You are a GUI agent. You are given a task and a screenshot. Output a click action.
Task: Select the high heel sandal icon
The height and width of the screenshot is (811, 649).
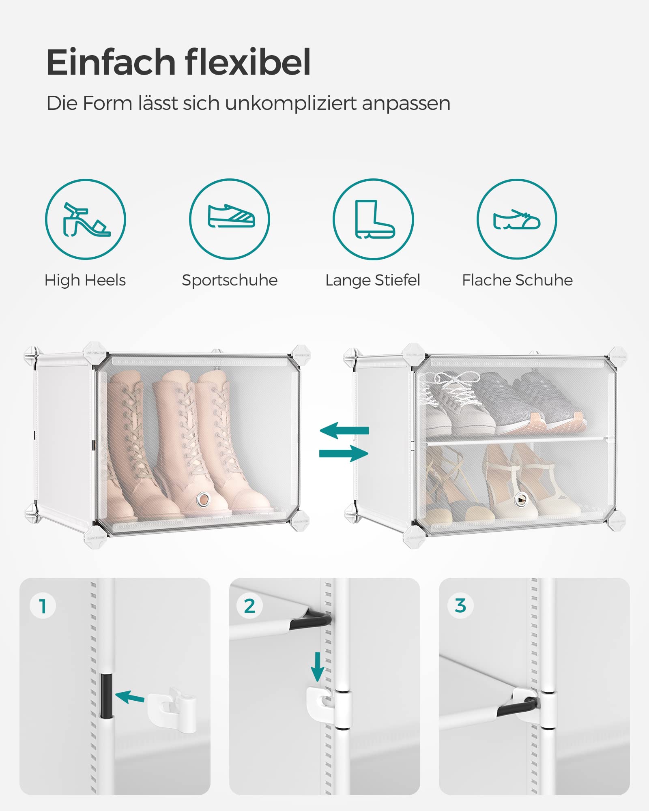86,219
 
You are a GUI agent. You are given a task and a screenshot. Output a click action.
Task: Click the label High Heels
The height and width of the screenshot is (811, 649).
85,280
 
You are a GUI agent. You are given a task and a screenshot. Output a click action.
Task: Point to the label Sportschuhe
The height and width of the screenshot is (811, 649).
230,280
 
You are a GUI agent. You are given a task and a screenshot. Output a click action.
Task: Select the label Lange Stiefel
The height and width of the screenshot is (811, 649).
373,280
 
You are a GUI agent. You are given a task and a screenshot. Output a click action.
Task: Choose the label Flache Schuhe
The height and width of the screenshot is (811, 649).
517,280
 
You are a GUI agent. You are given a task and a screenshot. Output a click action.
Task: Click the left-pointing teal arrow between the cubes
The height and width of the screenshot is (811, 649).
344,430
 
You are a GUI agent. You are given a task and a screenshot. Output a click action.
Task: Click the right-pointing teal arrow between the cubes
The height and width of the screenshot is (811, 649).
344,453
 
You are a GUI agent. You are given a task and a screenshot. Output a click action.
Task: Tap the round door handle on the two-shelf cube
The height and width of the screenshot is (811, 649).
520,500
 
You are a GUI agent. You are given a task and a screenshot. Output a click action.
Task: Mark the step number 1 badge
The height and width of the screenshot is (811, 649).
43,606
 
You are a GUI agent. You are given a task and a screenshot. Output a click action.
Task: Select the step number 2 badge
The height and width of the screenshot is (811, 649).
249,606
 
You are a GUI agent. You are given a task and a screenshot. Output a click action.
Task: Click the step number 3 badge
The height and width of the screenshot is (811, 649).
460,606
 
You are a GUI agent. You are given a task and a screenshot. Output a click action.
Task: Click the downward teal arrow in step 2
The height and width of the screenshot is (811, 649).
317,667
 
